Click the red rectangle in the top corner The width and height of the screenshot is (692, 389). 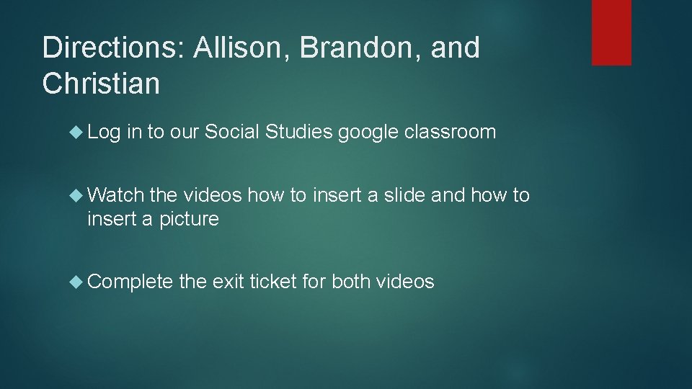(x=611, y=32)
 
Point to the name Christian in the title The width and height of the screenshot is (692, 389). (x=101, y=84)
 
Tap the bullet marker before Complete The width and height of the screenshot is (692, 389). (x=78, y=282)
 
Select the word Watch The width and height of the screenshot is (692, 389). (x=115, y=195)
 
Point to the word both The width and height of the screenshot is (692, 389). (x=352, y=282)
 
